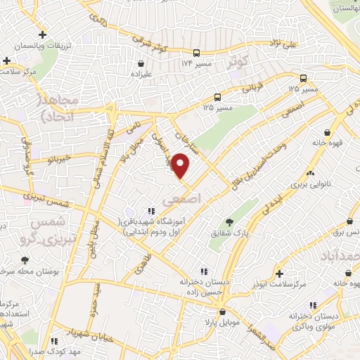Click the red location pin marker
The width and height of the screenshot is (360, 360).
[181, 167]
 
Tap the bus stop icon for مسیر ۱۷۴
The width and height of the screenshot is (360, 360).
[197, 53]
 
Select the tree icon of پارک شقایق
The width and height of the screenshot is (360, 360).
[229, 222]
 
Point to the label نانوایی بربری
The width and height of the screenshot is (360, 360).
[309, 190]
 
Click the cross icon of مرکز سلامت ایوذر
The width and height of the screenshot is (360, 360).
[279, 273]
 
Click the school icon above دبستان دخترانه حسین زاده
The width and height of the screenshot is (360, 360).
[203, 271]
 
